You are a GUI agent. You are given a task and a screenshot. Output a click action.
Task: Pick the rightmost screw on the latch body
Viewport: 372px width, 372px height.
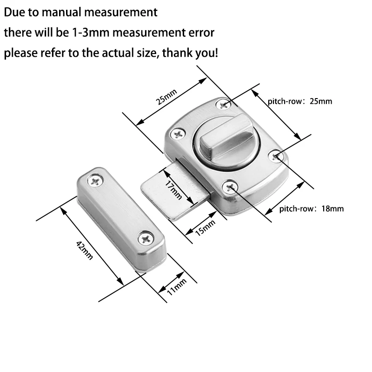coord(277,156)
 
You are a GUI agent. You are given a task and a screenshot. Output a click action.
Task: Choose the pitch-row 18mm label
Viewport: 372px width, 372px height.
coord(312,209)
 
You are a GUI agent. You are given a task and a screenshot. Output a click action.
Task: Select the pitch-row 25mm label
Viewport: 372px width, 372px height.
coord(300,101)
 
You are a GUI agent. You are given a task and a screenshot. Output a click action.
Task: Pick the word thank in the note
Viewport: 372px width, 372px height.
coord(182,53)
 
